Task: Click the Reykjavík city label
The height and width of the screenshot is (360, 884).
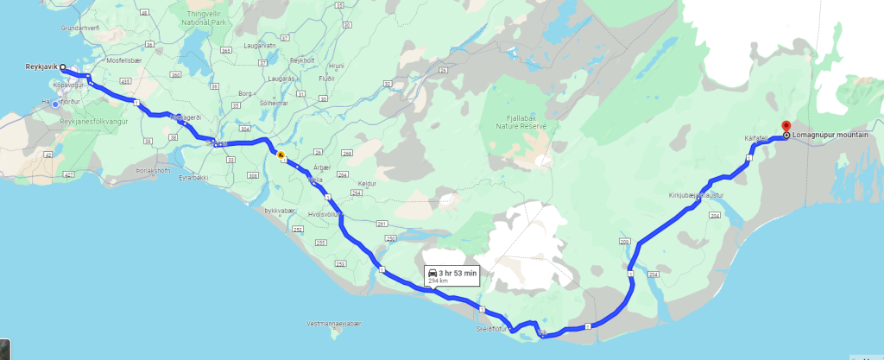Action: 41,66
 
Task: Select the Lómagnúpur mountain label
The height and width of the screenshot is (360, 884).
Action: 830,136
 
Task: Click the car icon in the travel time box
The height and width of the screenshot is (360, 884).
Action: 433,273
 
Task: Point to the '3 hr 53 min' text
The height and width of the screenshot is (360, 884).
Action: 458,273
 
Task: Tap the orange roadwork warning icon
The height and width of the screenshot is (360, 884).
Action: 281,156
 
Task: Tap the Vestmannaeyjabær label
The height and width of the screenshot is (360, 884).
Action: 333,324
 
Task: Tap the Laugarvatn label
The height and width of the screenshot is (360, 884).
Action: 259,45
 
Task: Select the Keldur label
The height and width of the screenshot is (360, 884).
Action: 367,183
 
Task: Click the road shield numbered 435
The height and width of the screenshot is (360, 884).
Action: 125,81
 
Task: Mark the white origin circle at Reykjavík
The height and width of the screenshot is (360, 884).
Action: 63,66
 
